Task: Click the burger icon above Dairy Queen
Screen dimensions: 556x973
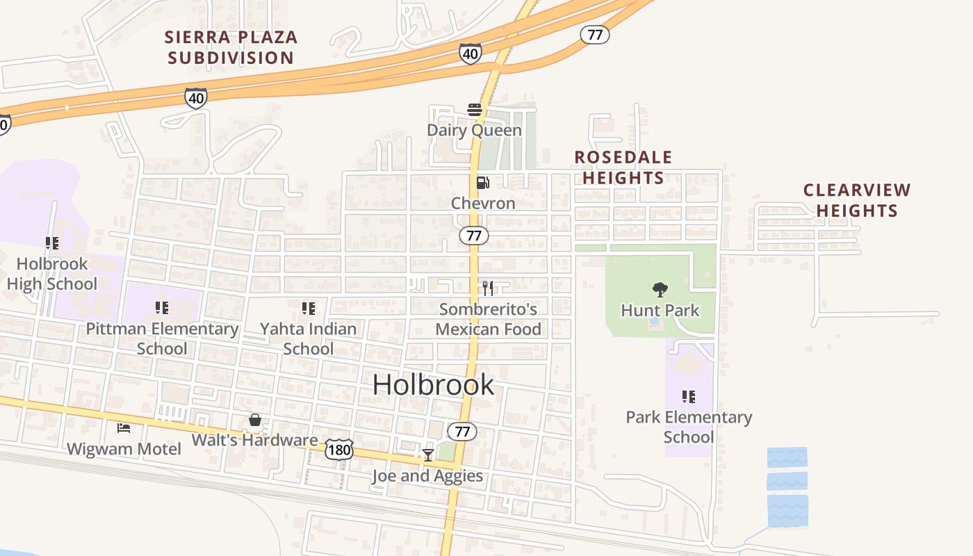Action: pyautogui.click(x=475, y=110)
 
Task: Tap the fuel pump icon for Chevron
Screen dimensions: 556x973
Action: pyautogui.click(x=482, y=183)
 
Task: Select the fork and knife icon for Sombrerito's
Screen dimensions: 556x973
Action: pyautogui.click(x=488, y=288)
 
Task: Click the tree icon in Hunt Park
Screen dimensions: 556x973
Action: pyautogui.click(x=660, y=289)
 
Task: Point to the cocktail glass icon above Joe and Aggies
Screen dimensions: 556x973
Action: pyautogui.click(x=427, y=455)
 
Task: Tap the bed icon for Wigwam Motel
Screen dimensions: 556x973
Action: pyautogui.click(x=124, y=428)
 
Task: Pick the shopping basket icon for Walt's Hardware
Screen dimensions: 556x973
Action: pyautogui.click(x=255, y=420)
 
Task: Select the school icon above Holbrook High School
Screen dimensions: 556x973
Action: pyautogui.click(x=52, y=243)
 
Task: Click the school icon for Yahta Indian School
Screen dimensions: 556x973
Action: pyautogui.click(x=309, y=308)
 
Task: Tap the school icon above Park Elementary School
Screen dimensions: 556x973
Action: pyautogui.click(x=688, y=397)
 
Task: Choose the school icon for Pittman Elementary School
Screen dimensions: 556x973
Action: pyautogui.click(x=162, y=307)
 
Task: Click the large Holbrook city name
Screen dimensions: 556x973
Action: pyautogui.click(x=433, y=384)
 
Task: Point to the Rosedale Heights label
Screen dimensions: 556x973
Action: pyautogui.click(x=623, y=167)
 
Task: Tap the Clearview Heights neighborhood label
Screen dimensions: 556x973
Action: pyautogui.click(x=856, y=200)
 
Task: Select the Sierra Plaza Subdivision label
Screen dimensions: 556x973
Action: pyautogui.click(x=231, y=47)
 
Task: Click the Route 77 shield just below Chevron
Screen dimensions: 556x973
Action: pyautogui.click(x=474, y=236)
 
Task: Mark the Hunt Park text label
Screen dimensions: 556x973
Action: pyautogui.click(x=660, y=310)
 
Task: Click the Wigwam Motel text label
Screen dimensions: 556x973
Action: pyautogui.click(x=124, y=449)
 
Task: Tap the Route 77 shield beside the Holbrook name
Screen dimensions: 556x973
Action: pyautogui.click(x=462, y=432)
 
